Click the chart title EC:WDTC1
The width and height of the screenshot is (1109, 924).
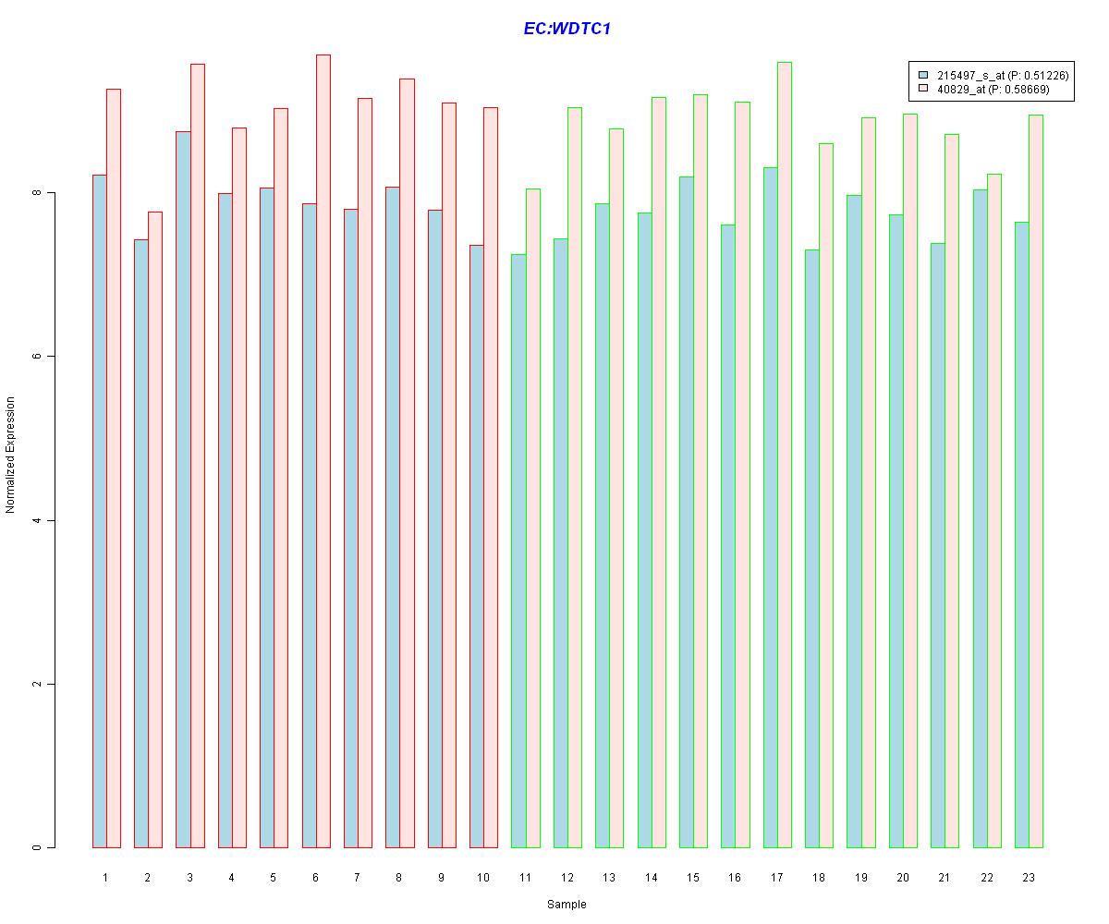(567, 29)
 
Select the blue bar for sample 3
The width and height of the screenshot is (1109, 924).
(183, 490)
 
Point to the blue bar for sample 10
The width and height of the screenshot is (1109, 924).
(477, 546)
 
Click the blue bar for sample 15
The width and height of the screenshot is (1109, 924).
(687, 512)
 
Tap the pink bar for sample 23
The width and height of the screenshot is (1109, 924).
(1036, 480)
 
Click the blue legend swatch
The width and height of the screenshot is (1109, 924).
(922, 75)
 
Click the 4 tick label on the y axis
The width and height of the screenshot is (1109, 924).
(38, 520)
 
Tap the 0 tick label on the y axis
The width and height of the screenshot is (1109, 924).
(38, 847)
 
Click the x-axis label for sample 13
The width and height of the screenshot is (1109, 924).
(609, 877)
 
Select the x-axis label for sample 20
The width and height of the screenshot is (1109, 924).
(903, 877)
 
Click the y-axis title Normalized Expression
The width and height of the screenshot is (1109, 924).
(11, 455)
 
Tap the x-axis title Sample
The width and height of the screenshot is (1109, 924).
(567, 905)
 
